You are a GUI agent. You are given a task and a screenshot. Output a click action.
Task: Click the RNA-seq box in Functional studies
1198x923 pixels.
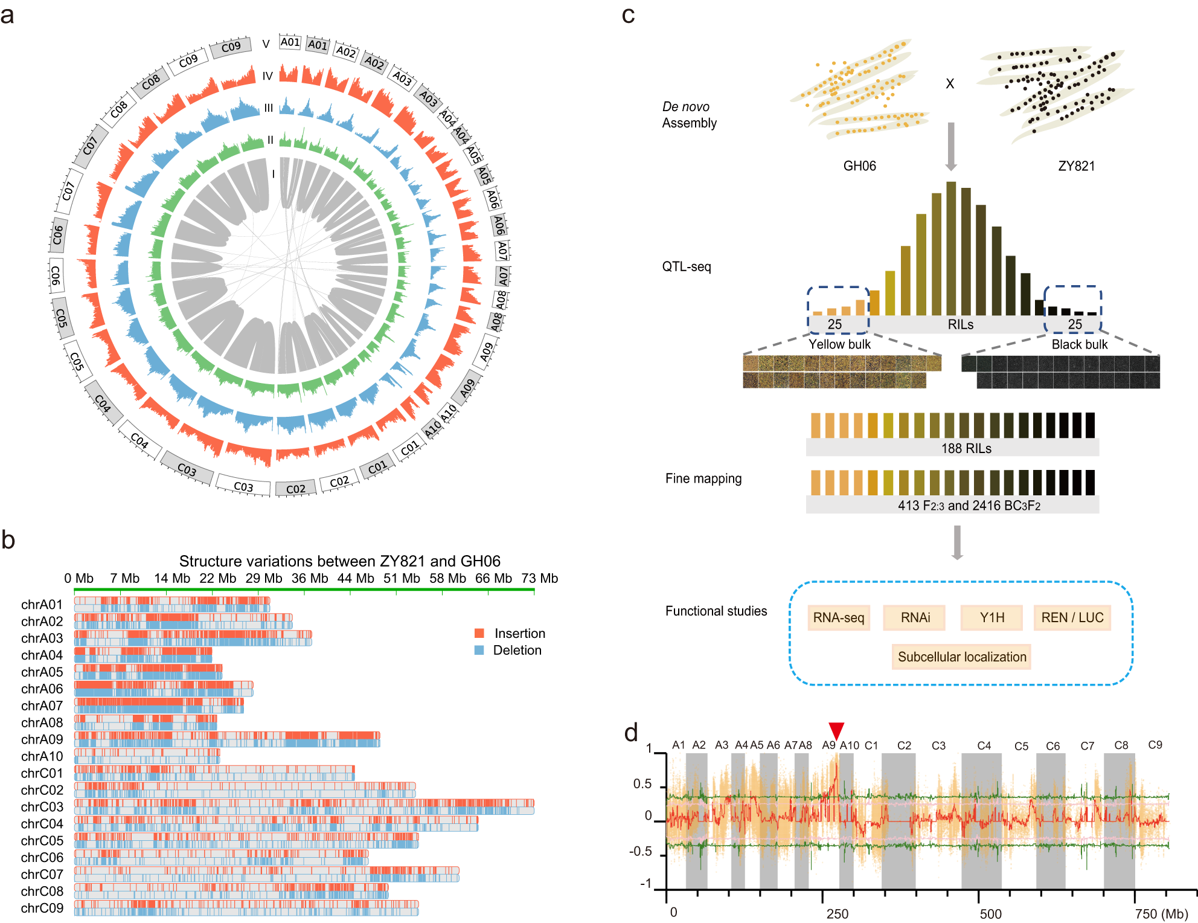(x=838, y=617)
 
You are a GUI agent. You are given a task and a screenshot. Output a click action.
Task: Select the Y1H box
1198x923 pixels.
(x=991, y=617)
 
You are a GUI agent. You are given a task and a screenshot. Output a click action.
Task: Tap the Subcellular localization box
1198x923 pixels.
(x=961, y=657)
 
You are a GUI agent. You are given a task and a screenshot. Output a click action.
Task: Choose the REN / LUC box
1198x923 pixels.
(x=1072, y=617)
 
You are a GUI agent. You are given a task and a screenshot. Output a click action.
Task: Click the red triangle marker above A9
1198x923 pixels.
(x=836, y=730)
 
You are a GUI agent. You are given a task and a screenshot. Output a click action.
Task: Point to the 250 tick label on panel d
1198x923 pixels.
(x=837, y=914)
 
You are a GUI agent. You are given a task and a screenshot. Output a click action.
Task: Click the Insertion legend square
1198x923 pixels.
(x=479, y=633)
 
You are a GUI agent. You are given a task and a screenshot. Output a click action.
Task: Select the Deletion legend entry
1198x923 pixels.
(x=516, y=650)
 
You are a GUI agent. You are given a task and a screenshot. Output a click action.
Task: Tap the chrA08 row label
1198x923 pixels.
(x=42, y=722)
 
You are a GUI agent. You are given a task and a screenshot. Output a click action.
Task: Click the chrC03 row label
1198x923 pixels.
(x=42, y=807)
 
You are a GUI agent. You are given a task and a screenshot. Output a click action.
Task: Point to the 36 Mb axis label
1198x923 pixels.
(x=310, y=578)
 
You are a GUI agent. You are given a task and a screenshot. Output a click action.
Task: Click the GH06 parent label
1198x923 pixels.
(x=859, y=166)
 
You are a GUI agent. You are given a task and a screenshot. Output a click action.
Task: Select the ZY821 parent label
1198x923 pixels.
(x=1076, y=166)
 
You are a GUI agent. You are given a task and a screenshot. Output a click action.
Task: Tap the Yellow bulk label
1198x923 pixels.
(x=839, y=344)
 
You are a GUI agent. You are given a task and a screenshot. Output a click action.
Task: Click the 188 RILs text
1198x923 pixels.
(x=966, y=448)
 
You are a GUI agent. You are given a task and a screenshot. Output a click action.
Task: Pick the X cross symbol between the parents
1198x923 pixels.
(x=950, y=83)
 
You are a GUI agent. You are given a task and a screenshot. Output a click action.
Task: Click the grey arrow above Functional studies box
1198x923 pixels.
(x=957, y=542)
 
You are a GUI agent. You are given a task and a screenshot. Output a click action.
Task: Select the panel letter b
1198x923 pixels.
(x=8, y=539)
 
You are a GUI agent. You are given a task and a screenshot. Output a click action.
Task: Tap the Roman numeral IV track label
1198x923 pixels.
(x=267, y=76)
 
